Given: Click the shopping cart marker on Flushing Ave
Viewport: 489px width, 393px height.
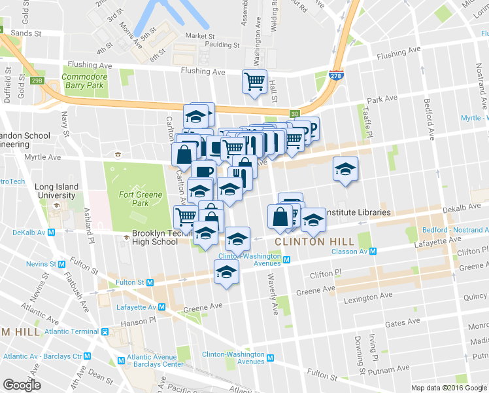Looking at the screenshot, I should click(254, 81).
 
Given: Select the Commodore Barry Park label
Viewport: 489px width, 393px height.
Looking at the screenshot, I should click(83, 81).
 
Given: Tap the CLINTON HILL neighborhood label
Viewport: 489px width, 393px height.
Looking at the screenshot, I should click(309, 242).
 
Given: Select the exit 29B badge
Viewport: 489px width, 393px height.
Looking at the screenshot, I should click(37, 81).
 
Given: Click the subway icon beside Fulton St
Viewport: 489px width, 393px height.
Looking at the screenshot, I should click(150, 282).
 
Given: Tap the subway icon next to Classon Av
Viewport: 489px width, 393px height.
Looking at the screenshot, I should click(373, 252).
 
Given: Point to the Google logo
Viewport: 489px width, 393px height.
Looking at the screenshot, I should click(22, 384).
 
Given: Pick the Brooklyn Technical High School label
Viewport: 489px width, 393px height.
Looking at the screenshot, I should click(155, 237).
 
